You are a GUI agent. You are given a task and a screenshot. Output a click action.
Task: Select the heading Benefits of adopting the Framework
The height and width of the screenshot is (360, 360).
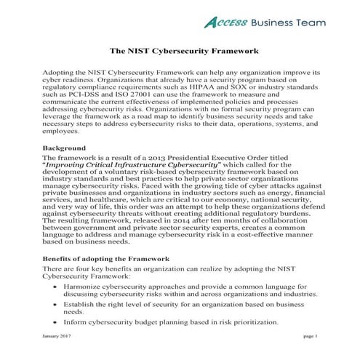[x=105, y=258]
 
